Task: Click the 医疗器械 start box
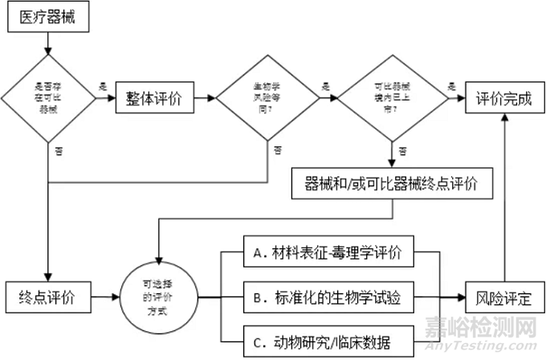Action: tap(49, 17)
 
